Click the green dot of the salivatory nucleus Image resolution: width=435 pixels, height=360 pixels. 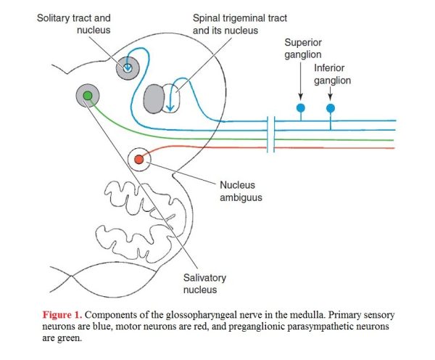pos(88,96)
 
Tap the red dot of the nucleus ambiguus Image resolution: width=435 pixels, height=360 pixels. pos(139,160)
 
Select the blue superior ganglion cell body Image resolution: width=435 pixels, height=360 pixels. pos(301,107)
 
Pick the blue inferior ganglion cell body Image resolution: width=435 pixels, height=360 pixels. pos(330,108)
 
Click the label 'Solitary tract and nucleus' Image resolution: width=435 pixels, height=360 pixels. pos(74,24)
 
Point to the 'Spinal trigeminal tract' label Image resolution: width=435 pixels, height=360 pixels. pos(240,18)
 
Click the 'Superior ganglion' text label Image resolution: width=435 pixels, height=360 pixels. pos(303,49)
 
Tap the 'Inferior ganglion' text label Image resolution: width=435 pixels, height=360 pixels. pos(332,74)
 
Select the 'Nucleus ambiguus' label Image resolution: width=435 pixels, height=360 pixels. pos(241,191)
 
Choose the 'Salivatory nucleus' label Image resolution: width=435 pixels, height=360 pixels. pos(204,283)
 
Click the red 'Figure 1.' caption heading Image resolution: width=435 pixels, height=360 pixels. pos(62,315)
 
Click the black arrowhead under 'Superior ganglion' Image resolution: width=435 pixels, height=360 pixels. pos(300,97)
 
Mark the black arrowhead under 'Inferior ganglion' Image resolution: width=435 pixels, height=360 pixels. pos(330,97)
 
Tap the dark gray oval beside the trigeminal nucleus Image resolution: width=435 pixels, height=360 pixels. pos(154,99)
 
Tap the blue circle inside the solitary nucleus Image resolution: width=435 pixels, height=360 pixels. pos(128,67)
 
